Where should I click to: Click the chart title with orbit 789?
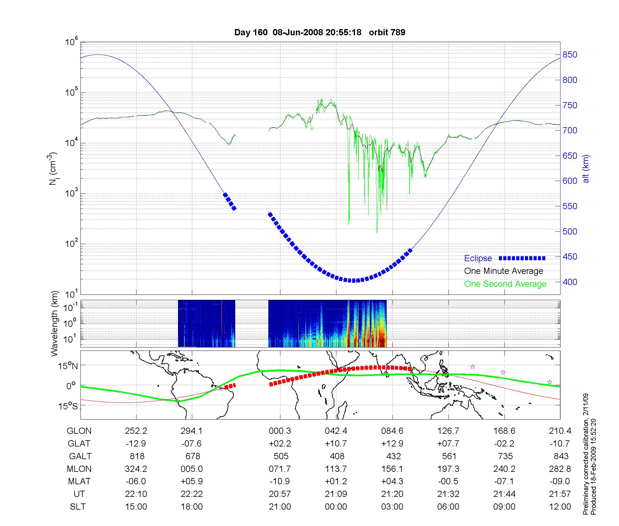(320, 32)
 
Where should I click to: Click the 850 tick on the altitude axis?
(570, 55)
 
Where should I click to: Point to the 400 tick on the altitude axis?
(570, 282)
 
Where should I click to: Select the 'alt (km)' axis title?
(586, 169)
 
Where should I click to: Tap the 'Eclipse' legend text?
(478, 258)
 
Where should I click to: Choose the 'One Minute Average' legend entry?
(504, 271)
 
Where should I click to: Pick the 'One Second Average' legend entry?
(505, 284)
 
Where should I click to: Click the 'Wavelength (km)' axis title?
(54, 324)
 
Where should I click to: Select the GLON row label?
(79, 431)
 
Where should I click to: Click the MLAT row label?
(79, 481)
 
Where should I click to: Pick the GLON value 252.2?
(136, 431)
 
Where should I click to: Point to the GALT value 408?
(337, 456)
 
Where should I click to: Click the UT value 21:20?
(392, 494)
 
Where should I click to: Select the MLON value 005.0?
(192, 469)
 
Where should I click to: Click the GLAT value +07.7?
(448, 444)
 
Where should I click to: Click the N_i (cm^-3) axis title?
(53, 169)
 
